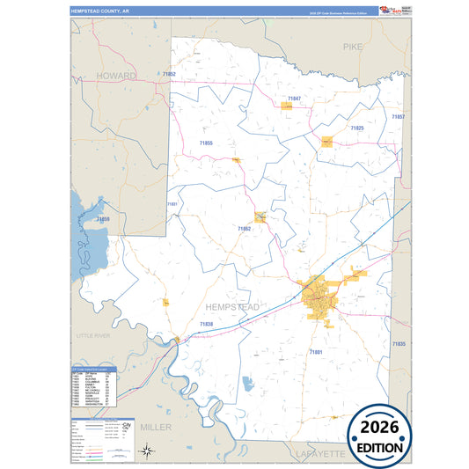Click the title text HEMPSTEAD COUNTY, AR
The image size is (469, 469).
(99, 11)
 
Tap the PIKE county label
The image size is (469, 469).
(353, 46)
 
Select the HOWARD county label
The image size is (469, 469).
(117, 76)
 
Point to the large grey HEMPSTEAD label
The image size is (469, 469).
(232, 306)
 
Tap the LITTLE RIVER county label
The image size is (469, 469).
(96, 336)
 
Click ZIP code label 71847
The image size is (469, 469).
(294, 98)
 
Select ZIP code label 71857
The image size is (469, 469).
(398, 116)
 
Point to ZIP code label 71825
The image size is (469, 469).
(357, 128)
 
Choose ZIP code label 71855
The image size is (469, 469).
(206, 142)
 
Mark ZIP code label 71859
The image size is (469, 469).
(103, 218)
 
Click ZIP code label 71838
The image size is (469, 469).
(206, 325)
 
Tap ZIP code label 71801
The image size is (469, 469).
(316, 352)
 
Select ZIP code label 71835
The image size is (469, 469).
(399, 344)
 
